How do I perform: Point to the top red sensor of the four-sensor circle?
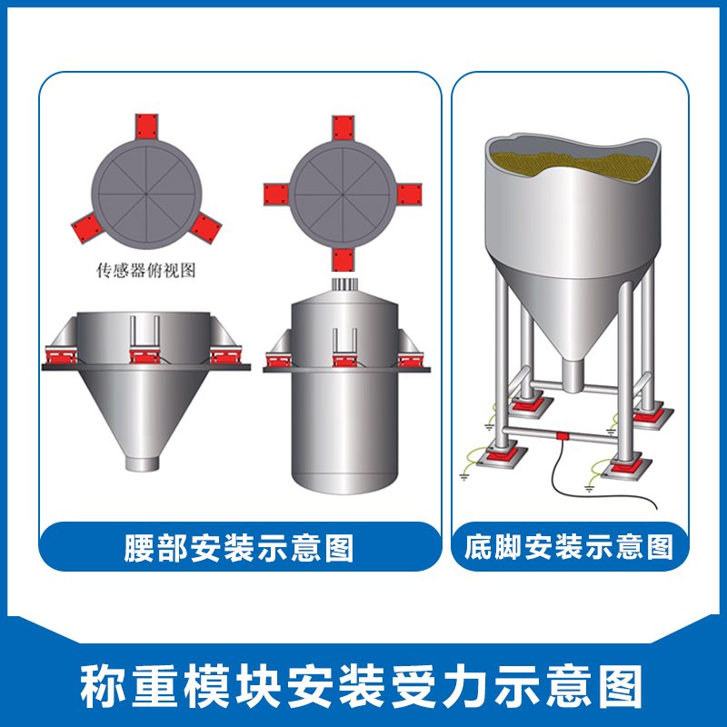click(343, 126)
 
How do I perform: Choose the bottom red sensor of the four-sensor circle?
click(343, 259)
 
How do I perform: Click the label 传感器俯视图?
click(146, 270)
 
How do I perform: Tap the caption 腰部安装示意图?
click(238, 548)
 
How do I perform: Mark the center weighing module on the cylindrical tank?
click(344, 359)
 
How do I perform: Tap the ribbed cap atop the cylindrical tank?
click(344, 285)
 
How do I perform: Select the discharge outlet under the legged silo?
click(571, 373)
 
